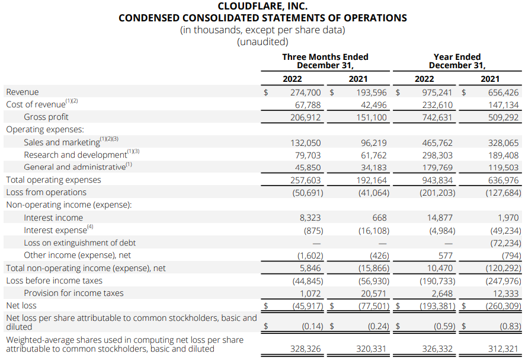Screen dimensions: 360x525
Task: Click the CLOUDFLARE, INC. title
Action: click(262, 6)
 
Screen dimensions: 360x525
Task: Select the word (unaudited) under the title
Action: click(262, 42)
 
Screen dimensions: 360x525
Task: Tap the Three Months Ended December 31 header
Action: click(325, 61)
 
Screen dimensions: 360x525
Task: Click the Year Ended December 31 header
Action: click(457, 61)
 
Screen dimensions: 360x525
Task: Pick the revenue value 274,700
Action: click(305, 93)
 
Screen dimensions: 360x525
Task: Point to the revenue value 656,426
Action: click(503, 93)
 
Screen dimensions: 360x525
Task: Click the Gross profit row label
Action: click(46, 117)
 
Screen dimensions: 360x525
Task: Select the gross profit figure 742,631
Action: click(437, 117)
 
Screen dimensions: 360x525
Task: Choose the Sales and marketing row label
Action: click(62, 142)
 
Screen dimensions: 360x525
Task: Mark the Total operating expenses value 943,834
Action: click(437, 180)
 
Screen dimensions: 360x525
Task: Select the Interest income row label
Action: click(53, 218)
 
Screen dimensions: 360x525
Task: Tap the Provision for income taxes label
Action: click(73, 293)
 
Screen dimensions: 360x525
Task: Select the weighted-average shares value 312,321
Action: click(503, 349)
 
